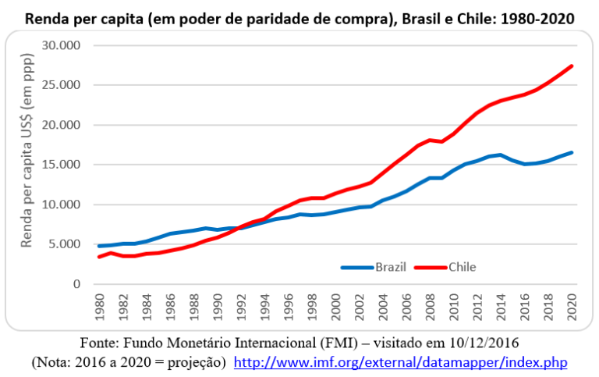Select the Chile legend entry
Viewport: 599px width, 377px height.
pyautogui.click(x=462, y=267)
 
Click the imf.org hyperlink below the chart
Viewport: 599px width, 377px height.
pyautogui.click(x=401, y=363)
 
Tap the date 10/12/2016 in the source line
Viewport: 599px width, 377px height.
pyautogui.click(x=479, y=343)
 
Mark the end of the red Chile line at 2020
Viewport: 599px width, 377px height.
pyautogui.click(x=572, y=66)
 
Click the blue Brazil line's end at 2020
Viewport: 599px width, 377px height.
pyautogui.click(x=572, y=152)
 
